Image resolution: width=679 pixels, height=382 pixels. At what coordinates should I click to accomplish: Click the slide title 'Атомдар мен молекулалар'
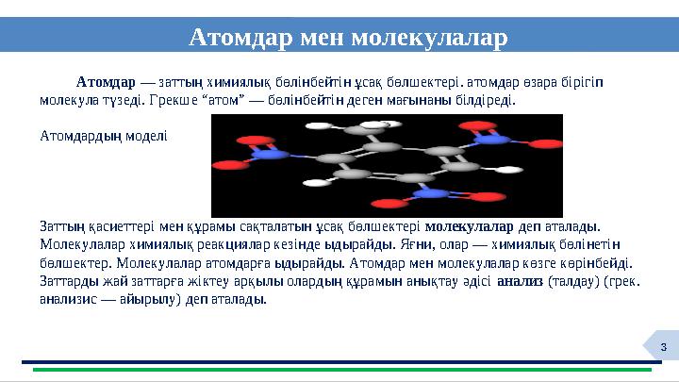coord(348,37)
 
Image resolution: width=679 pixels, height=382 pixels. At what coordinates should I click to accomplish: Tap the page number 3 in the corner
coord(663,348)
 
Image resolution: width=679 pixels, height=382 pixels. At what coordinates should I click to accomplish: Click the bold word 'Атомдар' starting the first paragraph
coord(107,81)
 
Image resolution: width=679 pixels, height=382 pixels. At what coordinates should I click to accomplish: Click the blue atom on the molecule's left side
coord(270,153)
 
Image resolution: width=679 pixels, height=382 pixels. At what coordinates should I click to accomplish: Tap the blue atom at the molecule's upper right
coord(493,140)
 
